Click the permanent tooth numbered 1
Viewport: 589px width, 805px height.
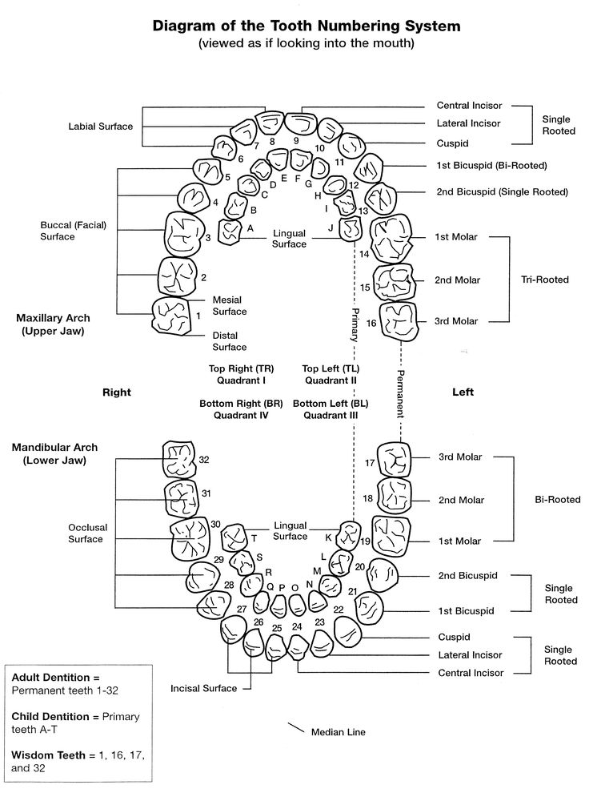click(172, 316)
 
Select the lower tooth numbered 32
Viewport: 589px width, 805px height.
click(179, 459)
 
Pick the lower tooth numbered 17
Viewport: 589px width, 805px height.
click(394, 461)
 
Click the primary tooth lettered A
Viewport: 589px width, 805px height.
click(230, 232)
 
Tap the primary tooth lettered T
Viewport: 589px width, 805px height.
click(235, 537)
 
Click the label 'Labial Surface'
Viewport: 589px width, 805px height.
click(101, 127)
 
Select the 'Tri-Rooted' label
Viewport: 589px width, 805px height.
click(545, 280)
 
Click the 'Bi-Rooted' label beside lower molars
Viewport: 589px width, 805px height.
click(558, 500)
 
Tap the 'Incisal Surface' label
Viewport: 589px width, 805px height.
click(204, 689)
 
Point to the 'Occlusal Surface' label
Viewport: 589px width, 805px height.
click(88, 533)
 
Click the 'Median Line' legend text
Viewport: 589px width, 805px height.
click(338, 732)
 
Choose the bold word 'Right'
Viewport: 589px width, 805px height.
click(117, 392)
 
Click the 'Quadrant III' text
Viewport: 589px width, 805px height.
click(331, 416)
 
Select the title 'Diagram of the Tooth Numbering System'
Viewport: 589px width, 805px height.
click(307, 26)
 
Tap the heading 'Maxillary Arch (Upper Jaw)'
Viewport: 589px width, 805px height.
click(53, 324)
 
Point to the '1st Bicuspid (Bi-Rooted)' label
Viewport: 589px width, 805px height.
click(491, 165)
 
